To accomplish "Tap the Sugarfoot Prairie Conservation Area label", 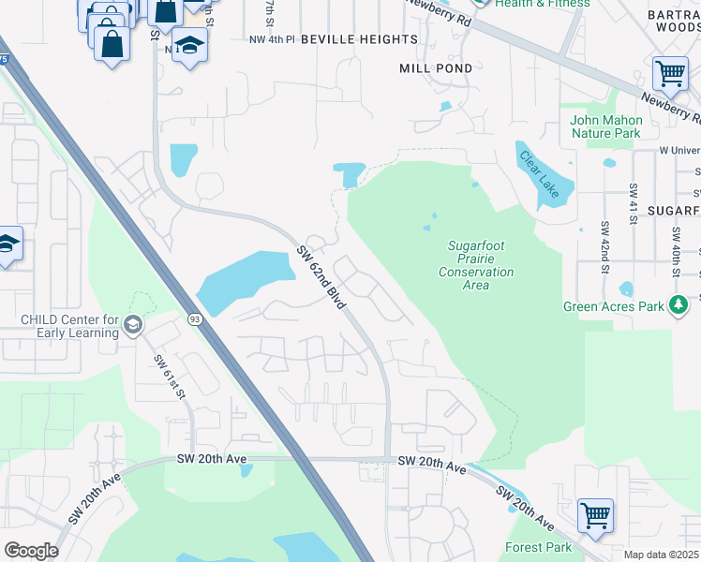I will (x=476, y=265).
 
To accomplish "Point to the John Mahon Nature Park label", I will (x=606, y=126).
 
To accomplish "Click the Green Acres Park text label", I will (x=613, y=306).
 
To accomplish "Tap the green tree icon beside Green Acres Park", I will (x=678, y=305).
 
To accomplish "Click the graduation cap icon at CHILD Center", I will (x=132, y=325).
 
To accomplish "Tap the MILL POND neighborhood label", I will (x=428, y=68).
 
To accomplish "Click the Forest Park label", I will (x=538, y=547).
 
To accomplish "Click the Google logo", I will (x=31, y=551).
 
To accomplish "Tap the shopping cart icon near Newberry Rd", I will (x=670, y=73).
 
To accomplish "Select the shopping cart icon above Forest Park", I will (x=595, y=515).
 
